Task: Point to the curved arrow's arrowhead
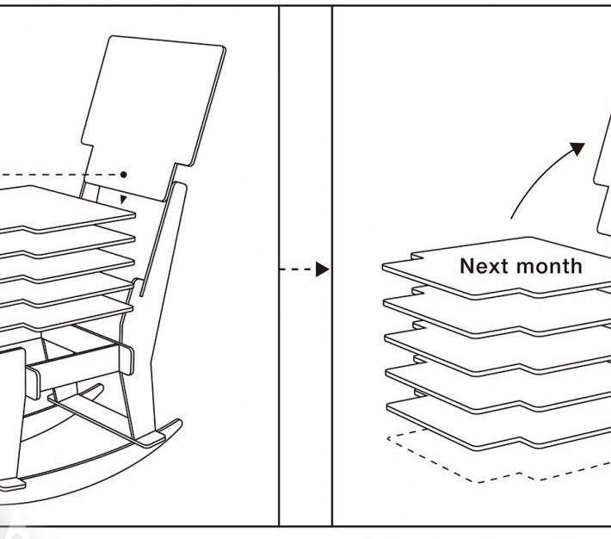pyautogui.click(x=575, y=150)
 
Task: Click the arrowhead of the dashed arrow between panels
pyautogui.click(x=322, y=269)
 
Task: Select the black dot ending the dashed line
pyautogui.click(x=125, y=174)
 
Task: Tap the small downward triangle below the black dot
pyautogui.click(x=124, y=200)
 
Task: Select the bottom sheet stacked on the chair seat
pyautogui.click(x=69, y=307)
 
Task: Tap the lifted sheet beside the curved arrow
pyautogui.click(x=603, y=189)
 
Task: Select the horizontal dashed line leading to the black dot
pyautogui.click(x=60, y=175)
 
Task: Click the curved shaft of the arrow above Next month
pyautogui.click(x=534, y=181)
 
